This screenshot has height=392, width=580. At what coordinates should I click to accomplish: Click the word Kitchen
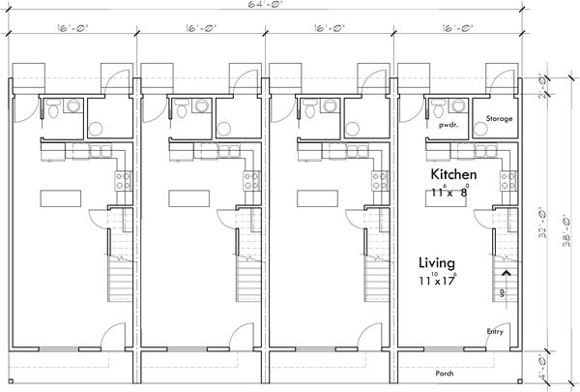coord(456,174)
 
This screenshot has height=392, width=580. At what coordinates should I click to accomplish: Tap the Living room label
coord(438,261)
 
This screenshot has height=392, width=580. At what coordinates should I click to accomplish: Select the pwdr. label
coord(448,125)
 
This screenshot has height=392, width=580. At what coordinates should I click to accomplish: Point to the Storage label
coord(499,119)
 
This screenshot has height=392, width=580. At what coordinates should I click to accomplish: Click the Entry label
coord(496,331)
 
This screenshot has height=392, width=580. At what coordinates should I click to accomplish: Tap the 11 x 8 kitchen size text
coord(449,193)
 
